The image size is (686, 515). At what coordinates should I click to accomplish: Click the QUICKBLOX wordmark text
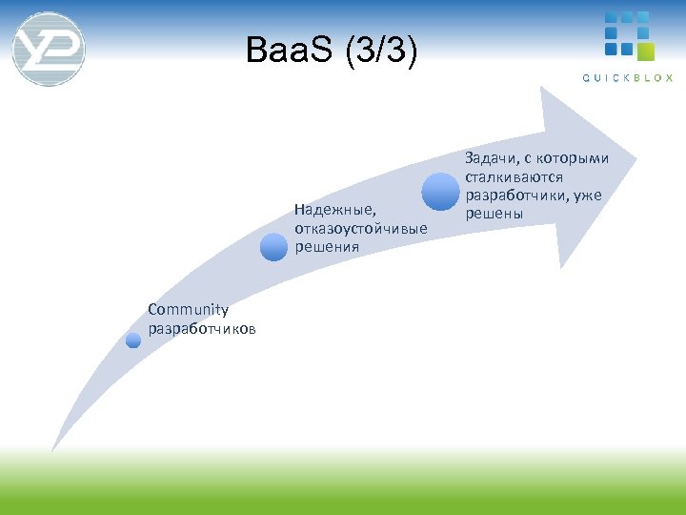click(628, 78)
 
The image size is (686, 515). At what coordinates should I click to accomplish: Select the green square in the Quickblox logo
click(645, 51)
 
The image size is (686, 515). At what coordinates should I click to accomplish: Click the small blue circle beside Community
click(133, 340)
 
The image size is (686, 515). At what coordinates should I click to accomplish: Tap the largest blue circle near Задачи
click(440, 191)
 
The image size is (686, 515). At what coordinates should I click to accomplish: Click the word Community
click(189, 309)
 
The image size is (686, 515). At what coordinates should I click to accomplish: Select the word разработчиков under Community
click(202, 329)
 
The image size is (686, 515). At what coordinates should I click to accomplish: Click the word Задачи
click(492, 157)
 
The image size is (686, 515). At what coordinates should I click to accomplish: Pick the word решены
click(494, 213)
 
